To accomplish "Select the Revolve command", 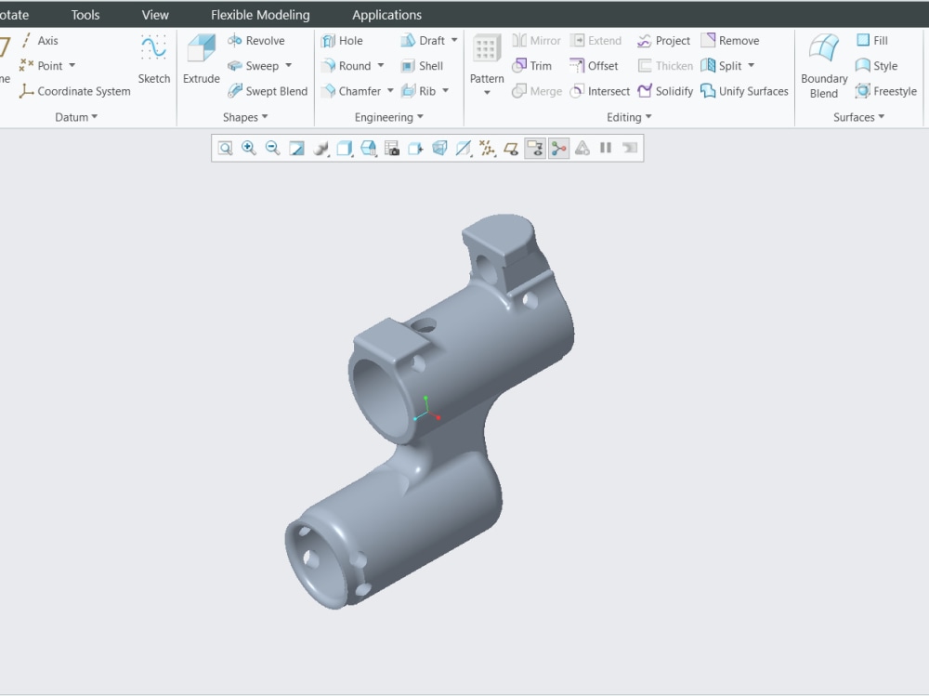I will pyautogui.click(x=256, y=41).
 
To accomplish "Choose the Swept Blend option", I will pyautogui.click(x=268, y=91).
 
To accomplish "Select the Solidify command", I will pyautogui.click(x=665, y=91).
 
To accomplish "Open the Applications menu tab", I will pyautogui.click(x=386, y=15).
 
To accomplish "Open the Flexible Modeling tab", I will pyautogui.click(x=260, y=15).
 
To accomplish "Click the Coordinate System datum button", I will pyautogui.click(x=75, y=91).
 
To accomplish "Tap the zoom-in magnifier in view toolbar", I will pyautogui.click(x=249, y=148).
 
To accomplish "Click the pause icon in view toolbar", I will pyautogui.click(x=606, y=148).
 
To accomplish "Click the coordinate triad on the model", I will pyautogui.click(x=425, y=411).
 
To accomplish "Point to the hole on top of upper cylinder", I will pyautogui.click(x=424, y=326).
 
